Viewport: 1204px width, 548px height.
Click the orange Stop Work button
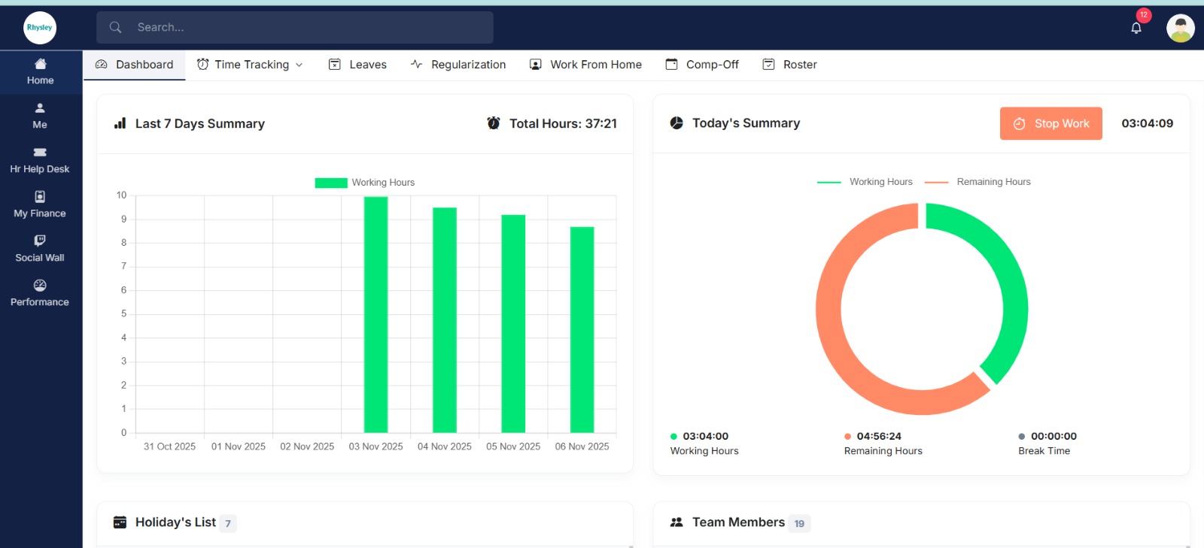pos(1050,123)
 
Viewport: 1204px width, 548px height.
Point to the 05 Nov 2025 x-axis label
pos(513,447)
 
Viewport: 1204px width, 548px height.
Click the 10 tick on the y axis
pos(121,195)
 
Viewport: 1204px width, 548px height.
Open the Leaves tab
pos(358,65)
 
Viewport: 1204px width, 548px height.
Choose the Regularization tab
pos(458,65)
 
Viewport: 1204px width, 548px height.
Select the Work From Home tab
pos(586,65)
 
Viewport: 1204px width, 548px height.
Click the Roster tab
pos(790,65)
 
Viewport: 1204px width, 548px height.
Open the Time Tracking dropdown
pos(251,65)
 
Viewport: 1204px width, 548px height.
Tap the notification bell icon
pos(1136,28)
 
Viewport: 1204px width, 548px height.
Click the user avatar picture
pos(1180,29)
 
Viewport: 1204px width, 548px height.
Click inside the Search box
pos(301,27)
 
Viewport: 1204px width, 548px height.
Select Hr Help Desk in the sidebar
pos(40,161)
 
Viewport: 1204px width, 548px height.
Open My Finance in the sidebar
pos(40,205)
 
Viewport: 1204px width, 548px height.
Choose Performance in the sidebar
pos(40,293)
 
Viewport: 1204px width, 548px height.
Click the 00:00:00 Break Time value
pos(1053,436)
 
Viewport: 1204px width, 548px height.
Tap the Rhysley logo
pos(40,28)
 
